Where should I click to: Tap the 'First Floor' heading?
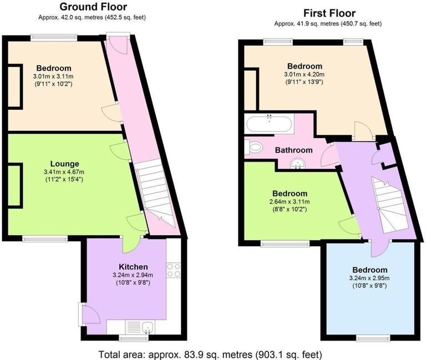[x=329, y=13]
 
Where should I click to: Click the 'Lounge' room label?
[x=64, y=164]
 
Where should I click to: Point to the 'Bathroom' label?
[x=293, y=150]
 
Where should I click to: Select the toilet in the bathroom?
[x=255, y=148]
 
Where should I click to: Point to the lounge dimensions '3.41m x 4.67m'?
[x=64, y=172]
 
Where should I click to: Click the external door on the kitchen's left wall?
[x=90, y=316]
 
